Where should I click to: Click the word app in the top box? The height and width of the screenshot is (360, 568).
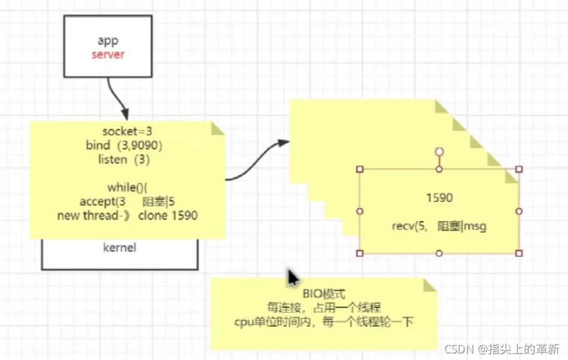(108, 41)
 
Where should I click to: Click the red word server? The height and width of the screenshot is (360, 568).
(108, 55)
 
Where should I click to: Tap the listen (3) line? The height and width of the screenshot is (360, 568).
(123, 159)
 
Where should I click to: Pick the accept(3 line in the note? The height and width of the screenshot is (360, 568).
(126, 201)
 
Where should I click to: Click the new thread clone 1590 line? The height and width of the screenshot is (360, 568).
(127, 216)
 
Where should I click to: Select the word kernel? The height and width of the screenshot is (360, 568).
(120, 247)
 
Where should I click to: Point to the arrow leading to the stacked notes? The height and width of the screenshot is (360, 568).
(254, 161)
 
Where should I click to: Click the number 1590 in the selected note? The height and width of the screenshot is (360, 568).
(439, 198)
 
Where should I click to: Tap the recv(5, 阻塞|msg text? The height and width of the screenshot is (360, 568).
(439, 226)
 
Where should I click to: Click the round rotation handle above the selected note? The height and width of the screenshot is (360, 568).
(439, 152)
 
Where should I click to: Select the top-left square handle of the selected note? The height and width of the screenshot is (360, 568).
(360, 170)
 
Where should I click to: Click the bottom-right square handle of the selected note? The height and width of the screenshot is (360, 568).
(519, 253)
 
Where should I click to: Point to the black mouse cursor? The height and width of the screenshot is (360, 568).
(293, 279)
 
